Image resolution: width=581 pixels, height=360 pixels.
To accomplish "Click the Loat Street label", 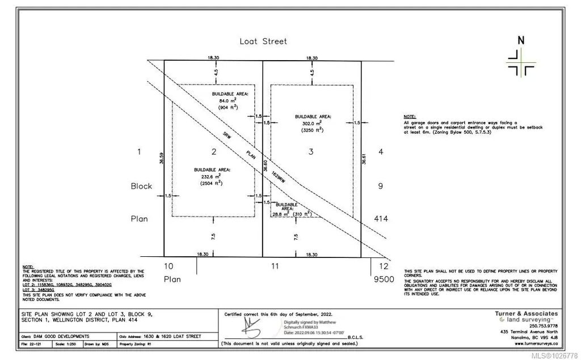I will point(263,41).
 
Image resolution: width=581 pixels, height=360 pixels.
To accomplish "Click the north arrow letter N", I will point(520,41).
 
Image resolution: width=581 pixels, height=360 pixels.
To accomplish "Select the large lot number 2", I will point(213,151).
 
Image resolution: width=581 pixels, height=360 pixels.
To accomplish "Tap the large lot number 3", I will point(311,151).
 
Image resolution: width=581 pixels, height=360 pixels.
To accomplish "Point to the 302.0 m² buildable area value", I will point(311,122).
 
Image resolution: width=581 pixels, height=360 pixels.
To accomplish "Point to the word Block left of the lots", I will point(141,186).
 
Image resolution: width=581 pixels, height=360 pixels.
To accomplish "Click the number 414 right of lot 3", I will point(381,218).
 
